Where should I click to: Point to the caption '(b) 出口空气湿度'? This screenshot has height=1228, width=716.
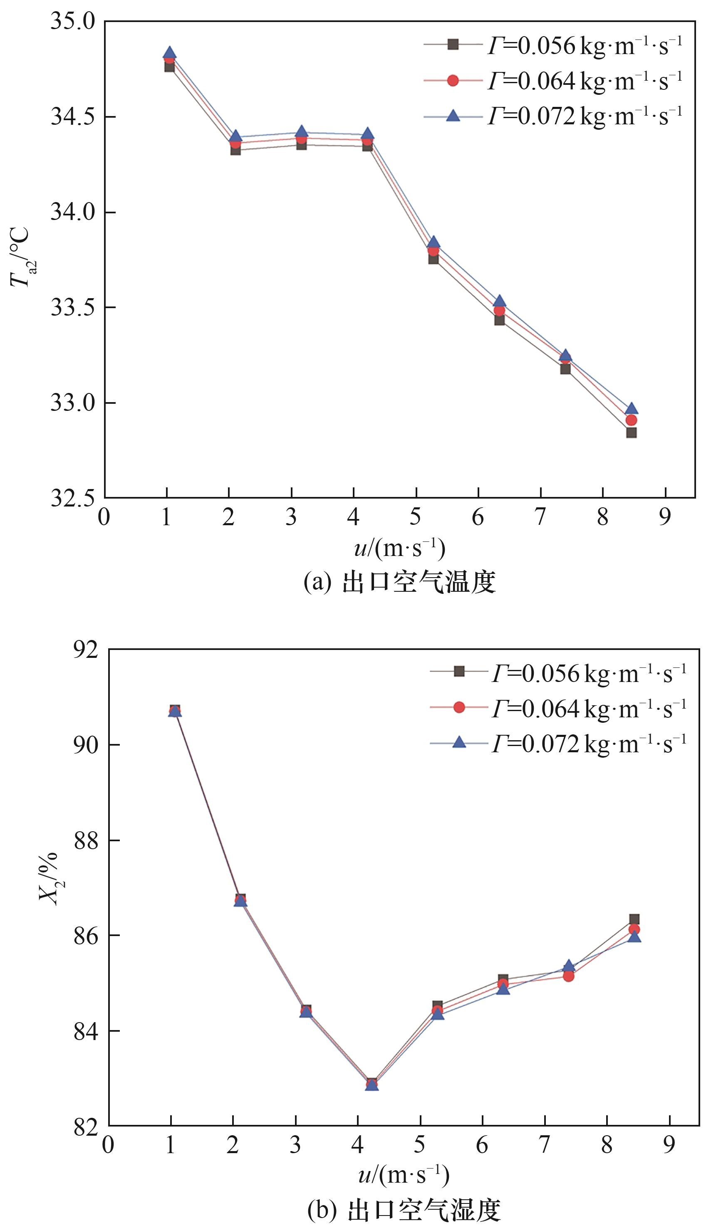[404, 1208]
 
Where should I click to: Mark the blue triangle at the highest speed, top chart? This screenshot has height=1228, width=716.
[631, 408]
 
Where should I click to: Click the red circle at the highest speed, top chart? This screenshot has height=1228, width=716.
[631, 420]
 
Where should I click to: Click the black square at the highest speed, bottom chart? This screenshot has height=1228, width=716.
[634, 919]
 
